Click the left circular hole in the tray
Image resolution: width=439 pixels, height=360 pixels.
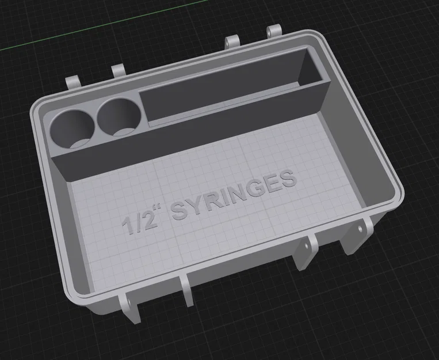pyautogui.click(x=71, y=128)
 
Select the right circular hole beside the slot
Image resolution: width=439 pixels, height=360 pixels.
pyautogui.click(x=118, y=118)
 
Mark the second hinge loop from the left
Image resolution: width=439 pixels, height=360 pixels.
pyautogui.click(x=119, y=70)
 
